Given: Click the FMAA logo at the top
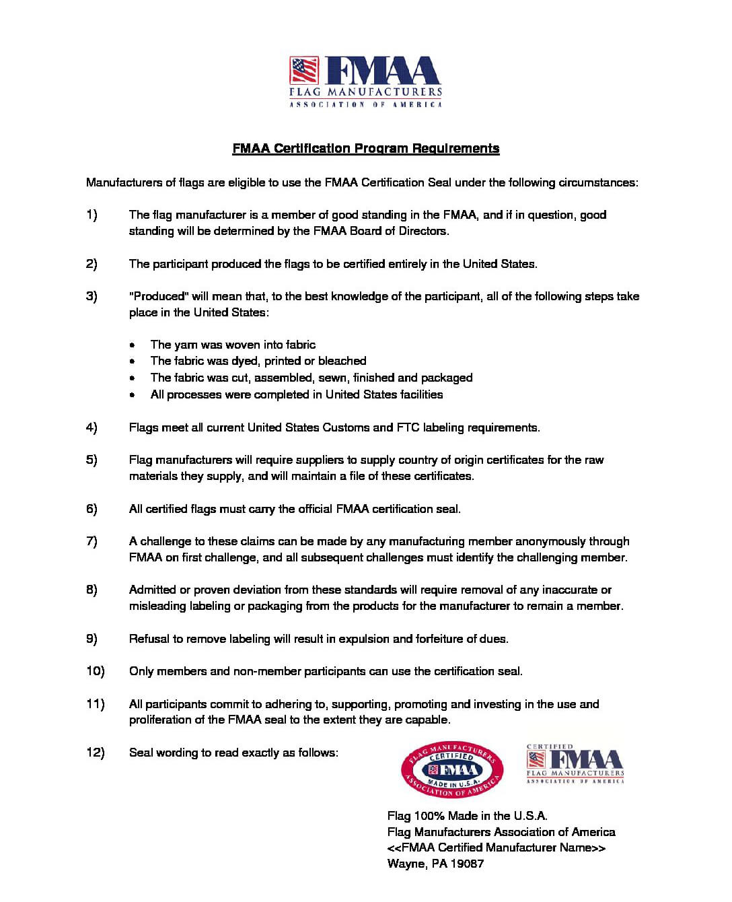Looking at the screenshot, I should coord(365,81).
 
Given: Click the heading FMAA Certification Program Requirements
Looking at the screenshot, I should coord(365,149).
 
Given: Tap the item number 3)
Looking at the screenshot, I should coord(91,296).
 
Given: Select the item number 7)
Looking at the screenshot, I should coord(91,541).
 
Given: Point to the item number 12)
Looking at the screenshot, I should coord(95,753).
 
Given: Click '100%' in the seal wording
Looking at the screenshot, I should coord(429,816).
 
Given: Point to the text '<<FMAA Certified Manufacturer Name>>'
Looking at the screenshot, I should coord(497,847).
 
